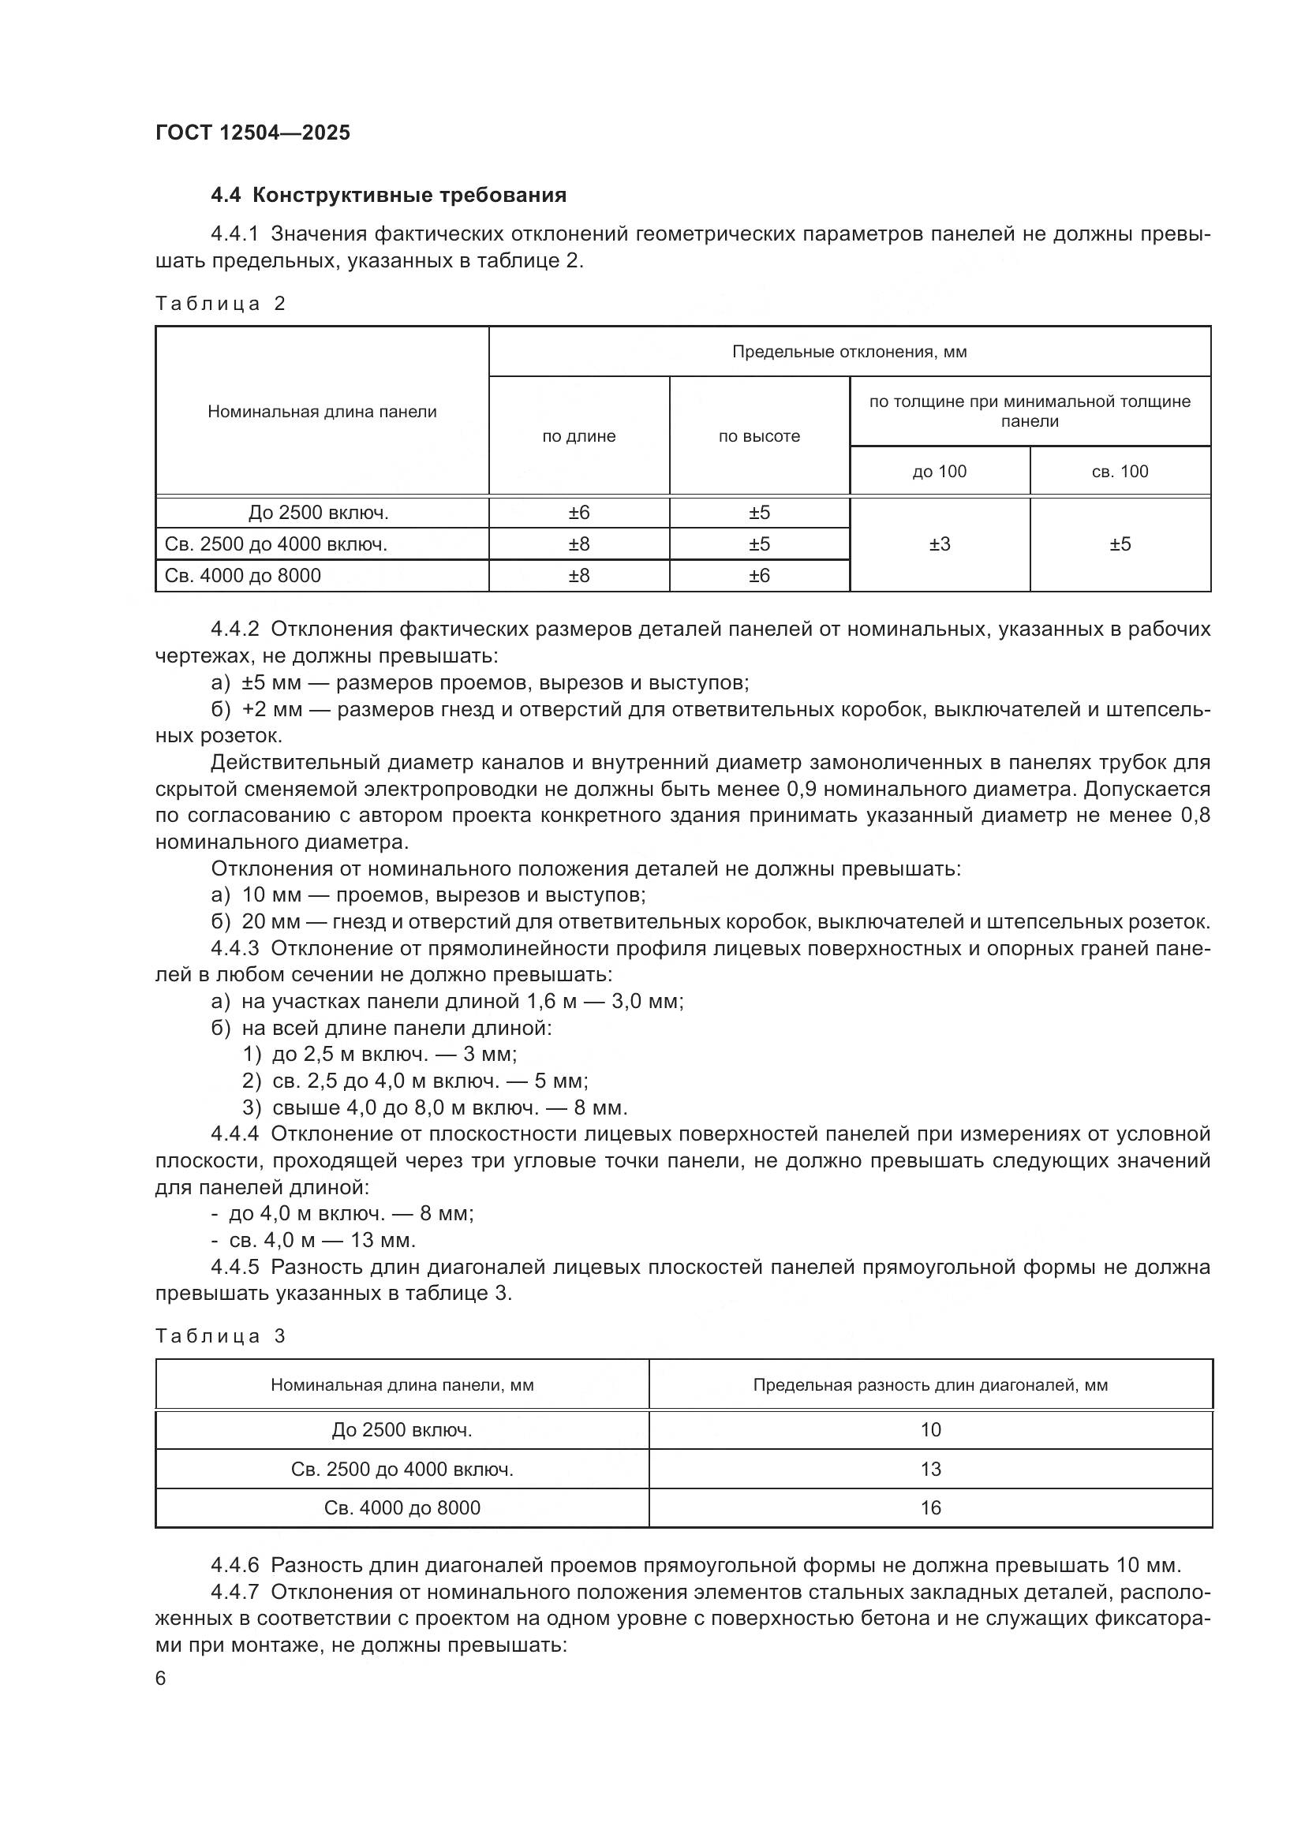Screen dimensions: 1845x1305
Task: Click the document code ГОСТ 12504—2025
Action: tap(252, 133)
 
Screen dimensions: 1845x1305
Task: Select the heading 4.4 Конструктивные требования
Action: tap(388, 196)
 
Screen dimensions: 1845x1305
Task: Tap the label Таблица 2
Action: tap(220, 304)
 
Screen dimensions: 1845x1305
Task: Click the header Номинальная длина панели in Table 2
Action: tap(322, 413)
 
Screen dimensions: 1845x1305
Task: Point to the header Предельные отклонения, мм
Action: tap(849, 352)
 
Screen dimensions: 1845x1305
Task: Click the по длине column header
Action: tap(578, 436)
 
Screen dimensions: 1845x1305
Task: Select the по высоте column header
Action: tap(758, 436)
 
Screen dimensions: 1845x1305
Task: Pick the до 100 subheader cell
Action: tap(939, 472)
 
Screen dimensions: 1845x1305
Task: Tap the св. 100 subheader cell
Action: tap(1120, 472)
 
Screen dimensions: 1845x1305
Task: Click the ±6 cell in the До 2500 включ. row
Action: tap(578, 513)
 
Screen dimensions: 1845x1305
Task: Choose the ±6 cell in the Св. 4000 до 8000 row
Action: tap(758, 575)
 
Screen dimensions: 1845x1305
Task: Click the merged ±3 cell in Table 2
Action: tap(939, 544)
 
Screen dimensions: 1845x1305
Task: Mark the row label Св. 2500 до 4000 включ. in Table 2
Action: tap(275, 544)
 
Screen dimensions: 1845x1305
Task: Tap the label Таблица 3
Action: tap(220, 1336)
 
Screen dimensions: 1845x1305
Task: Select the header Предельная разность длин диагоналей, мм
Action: tap(929, 1385)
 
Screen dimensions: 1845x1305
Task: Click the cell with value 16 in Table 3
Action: tap(929, 1507)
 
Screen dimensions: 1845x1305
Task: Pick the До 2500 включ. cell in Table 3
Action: tap(402, 1429)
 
